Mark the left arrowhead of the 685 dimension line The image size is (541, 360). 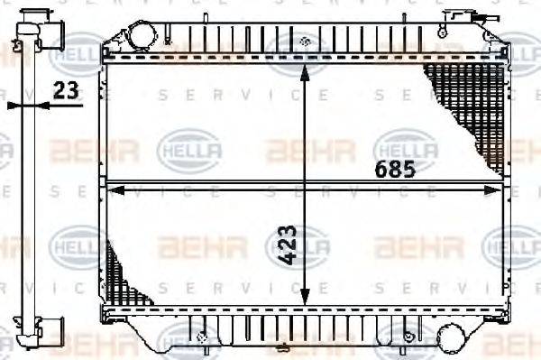pos(112,189)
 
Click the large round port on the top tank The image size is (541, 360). pos(141,36)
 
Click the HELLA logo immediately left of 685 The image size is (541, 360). pos(188,146)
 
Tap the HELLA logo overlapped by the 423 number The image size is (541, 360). pos(298,245)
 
